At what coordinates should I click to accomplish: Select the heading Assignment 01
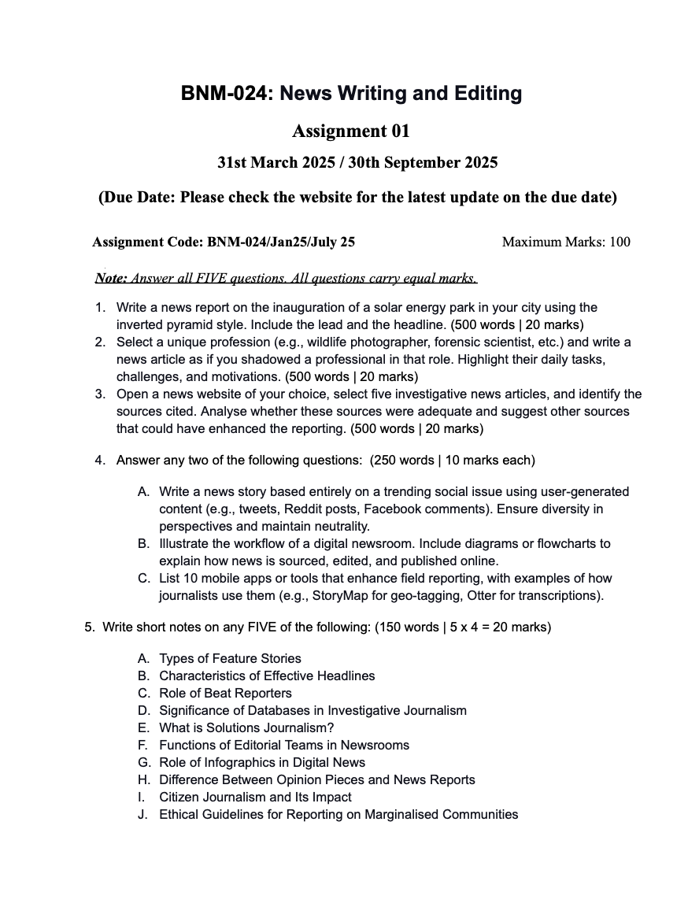[351, 131]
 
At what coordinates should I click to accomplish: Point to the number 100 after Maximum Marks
[620, 242]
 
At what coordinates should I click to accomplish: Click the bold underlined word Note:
[111, 278]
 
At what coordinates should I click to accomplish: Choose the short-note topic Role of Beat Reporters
[225, 694]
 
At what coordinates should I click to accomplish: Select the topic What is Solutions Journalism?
[246, 728]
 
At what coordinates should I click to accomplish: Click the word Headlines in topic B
[344, 676]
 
